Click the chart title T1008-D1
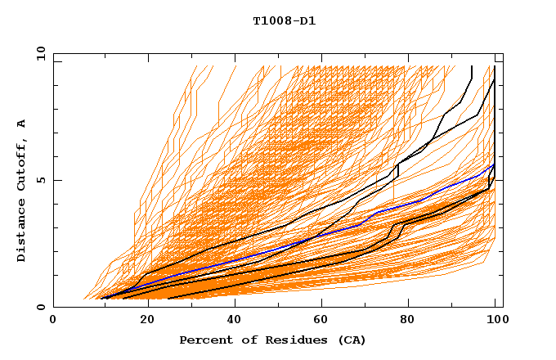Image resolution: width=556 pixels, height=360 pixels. tap(285, 20)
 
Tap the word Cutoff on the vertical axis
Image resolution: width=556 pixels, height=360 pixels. tap(21, 167)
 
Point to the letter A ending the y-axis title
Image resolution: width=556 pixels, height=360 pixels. tap(21, 124)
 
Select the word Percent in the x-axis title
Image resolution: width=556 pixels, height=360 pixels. tap(205, 340)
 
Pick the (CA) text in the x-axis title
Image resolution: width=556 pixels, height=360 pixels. tap(348, 340)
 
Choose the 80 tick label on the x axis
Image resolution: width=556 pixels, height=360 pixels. tap(407, 321)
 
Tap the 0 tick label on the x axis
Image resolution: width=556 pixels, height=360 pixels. tap(53, 321)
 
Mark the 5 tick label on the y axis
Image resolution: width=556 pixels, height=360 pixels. tap(42, 180)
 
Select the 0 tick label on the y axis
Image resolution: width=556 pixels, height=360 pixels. tap(42, 308)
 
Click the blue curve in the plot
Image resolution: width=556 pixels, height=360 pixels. tap(327, 233)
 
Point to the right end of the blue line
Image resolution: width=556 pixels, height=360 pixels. tap(495, 164)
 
